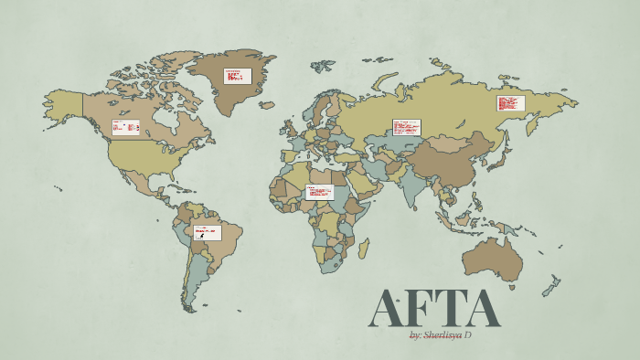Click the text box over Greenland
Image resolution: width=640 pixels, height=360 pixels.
coord(238,76)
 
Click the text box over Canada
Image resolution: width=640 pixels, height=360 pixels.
coord(125,128)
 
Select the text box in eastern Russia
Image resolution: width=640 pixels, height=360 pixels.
coord(508,103)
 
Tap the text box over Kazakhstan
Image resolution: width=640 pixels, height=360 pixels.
coord(406,127)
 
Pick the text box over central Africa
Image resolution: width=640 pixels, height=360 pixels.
coord(319,193)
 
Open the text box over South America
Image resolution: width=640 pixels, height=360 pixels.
coord(207,232)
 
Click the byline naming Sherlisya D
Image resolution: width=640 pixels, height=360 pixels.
coord(441,335)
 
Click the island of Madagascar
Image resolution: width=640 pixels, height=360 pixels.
coord(363,248)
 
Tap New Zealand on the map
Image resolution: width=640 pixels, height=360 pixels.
coord(551,287)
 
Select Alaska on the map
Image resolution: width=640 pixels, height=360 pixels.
coord(64,103)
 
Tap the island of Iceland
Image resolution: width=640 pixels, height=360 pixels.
coord(268,104)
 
